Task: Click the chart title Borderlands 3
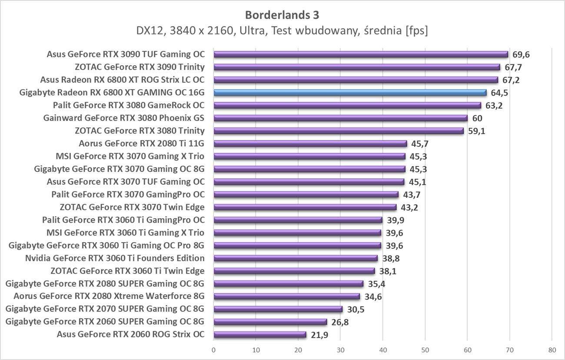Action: pos(282,15)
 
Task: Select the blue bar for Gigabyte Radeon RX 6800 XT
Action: pos(350,93)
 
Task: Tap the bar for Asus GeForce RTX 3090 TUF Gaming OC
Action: pos(361,54)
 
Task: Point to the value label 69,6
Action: pos(522,54)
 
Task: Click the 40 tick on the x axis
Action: pos(383,349)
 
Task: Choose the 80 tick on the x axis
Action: pos(552,349)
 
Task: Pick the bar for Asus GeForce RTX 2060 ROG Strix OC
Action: pos(260,334)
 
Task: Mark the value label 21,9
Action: pos(319,334)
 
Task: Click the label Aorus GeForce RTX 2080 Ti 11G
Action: pos(142,143)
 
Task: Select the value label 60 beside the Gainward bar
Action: pos(477,118)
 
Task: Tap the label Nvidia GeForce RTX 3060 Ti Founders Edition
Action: pos(115,258)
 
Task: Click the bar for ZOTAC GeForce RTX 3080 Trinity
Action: pos(339,131)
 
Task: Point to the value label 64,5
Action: pos(500,93)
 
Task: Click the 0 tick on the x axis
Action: pos(214,349)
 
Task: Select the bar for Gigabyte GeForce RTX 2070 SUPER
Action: pos(278,309)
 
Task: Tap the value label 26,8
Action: pos(340,322)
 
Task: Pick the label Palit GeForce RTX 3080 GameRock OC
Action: pos(129,105)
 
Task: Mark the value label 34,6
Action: pos(373,297)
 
